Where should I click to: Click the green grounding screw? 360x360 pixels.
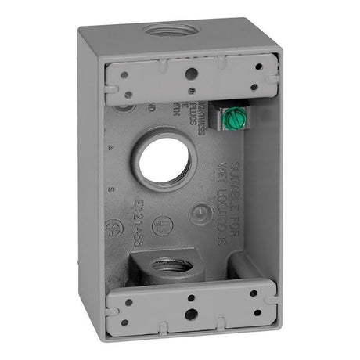[x=232, y=118]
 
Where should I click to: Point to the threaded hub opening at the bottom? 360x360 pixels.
[x=170, y=265]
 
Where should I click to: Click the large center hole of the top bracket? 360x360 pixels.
[x=190, y=74]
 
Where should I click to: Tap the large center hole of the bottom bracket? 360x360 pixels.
[x=191, y=314]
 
